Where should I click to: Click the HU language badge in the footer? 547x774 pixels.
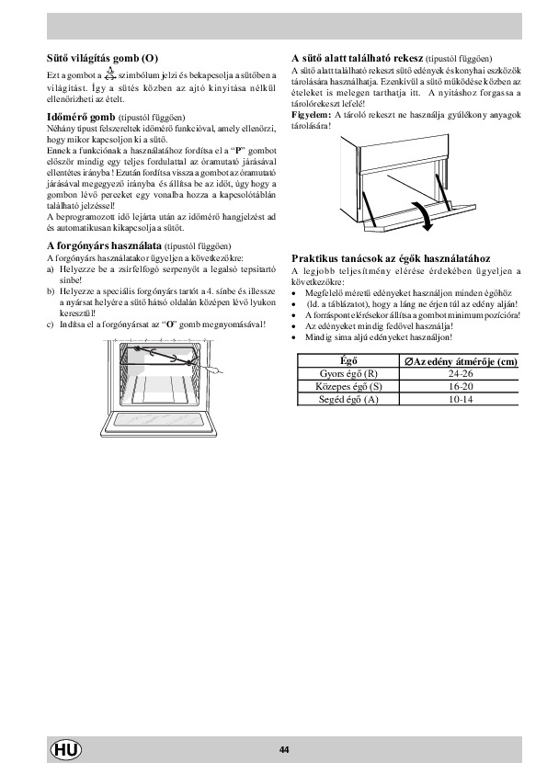66,750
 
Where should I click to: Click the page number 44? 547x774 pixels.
284,750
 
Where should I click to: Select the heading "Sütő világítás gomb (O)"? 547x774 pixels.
102,58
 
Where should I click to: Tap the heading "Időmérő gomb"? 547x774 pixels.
81,117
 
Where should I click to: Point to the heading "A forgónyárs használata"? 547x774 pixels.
104,245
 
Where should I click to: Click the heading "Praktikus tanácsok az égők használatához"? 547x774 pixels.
391,258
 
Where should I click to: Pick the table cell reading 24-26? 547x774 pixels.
460,374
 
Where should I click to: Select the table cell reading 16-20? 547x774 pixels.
460,386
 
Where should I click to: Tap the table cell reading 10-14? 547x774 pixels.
460,399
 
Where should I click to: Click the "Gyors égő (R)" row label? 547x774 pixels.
348,374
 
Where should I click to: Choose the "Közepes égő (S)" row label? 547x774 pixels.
348,386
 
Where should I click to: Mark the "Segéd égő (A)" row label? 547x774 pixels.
348,399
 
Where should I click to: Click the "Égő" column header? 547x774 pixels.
348,361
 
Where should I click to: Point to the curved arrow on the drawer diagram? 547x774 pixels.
426,217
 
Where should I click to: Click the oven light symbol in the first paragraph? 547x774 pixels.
110,74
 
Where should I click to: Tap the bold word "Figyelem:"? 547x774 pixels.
311,115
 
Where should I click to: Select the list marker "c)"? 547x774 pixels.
51,324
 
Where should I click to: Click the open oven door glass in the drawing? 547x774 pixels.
158,420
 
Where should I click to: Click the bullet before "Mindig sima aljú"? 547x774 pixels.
294,337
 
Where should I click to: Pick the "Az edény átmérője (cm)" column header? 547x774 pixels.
461,361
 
